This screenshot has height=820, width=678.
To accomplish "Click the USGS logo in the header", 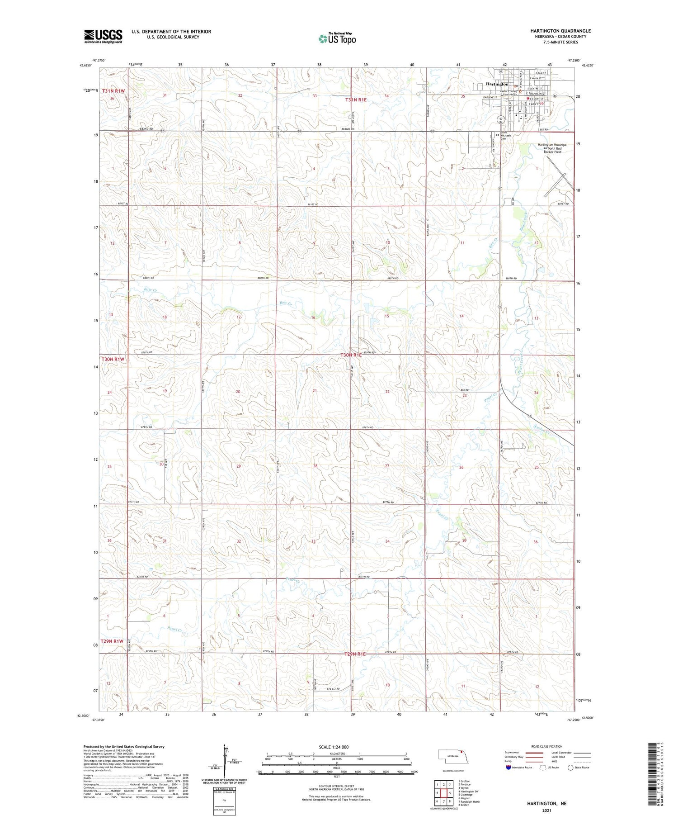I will (103, 36).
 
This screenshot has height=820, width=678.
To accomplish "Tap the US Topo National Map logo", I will (337, 39).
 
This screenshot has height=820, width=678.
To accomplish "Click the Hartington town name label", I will (497, 84).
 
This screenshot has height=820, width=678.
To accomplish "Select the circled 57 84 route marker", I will (500, 120).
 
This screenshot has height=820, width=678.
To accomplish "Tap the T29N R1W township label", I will (112, 641).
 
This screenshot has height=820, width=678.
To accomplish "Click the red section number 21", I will (315, 390).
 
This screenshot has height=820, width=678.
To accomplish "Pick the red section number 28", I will (315, 466).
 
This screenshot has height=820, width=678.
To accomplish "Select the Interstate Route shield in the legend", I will (509, 767).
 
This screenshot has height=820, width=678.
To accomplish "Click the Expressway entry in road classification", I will (512, 753).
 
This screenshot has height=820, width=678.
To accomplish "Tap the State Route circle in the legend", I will (571, 767).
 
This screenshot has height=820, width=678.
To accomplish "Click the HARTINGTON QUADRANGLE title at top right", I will (560, 31).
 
